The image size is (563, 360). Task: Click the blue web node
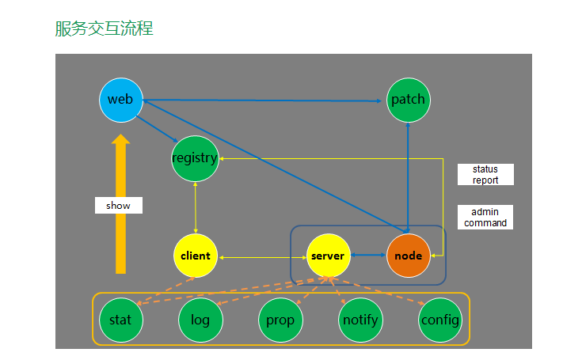(120, 100)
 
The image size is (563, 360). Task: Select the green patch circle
(408, 100)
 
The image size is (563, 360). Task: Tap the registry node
(195, 157)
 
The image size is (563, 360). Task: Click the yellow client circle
(195, 256)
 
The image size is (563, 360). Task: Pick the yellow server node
(328, 256)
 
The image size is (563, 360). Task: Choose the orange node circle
(408, 256)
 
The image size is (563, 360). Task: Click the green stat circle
(120, 320)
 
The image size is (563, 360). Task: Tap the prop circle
(280, 320)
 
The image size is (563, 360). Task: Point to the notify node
(359, 320)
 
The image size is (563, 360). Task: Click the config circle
(439, 320)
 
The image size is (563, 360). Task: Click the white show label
(118, 205)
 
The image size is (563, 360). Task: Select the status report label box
(485, 175)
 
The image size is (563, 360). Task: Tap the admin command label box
(485, 218)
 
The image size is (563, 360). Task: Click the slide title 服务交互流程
(104, 29)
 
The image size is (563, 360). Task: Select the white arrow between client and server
(261, 257)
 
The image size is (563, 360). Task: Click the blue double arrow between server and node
(368, 256)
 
